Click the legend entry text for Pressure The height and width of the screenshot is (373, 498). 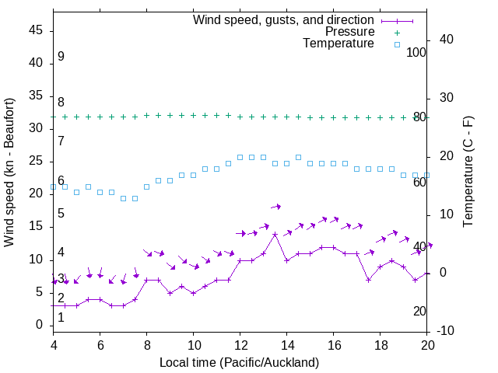tap(349, 32)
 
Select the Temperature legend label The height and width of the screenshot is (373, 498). tap(338, 44)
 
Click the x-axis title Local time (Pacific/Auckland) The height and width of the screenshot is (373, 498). tap(239, 362)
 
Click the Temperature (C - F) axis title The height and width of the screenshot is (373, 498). tap(468, 172)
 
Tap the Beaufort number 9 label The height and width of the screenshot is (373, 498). tap(61, 57)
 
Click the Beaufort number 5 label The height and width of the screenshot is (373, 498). tap(61, 213)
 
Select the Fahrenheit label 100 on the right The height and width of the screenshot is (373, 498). tap(417, 52)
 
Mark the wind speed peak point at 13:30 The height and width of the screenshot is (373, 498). tap(275, 234)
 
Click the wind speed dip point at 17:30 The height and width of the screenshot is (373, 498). tap(369, 280)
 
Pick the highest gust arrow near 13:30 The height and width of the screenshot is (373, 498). tap(276, 206)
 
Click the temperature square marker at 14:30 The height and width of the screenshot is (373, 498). tap(299, 157)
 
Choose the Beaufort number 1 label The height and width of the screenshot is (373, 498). tap(61, 317)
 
